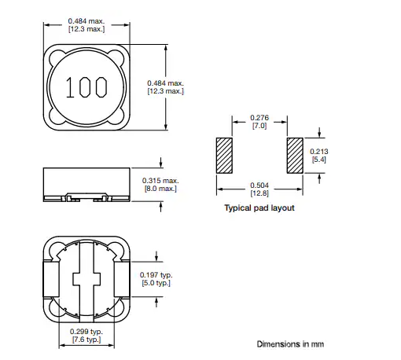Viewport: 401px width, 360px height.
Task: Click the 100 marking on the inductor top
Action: [86, 87]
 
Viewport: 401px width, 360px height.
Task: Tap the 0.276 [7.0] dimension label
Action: [258, 122]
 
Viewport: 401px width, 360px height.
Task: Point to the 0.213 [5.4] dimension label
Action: [319, 156]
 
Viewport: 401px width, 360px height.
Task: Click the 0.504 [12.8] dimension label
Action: [258, 189]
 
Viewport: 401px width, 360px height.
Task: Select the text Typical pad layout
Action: [259, 208]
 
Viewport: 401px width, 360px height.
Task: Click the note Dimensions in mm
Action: [289, 344]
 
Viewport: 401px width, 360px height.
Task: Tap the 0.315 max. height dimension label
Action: [160, 185]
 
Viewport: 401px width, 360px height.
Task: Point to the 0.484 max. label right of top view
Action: [166, 87]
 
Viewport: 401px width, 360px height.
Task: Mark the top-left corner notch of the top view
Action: [55, 57]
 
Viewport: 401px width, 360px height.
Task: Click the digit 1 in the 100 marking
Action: [71, 87]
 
